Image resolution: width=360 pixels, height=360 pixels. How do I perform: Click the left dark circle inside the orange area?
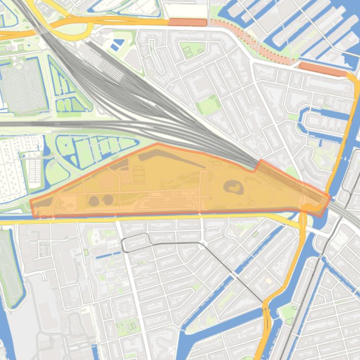pos(94,201)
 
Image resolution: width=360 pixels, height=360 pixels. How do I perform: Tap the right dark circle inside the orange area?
pos(108,200)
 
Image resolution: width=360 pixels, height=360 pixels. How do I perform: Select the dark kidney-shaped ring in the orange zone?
pos(233,187)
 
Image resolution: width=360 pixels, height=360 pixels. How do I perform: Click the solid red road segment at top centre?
pos(187,22)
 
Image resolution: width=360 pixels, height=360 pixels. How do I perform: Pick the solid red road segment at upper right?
pos(323,69)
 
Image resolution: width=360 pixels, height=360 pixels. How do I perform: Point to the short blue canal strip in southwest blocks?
pos(108,255)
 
